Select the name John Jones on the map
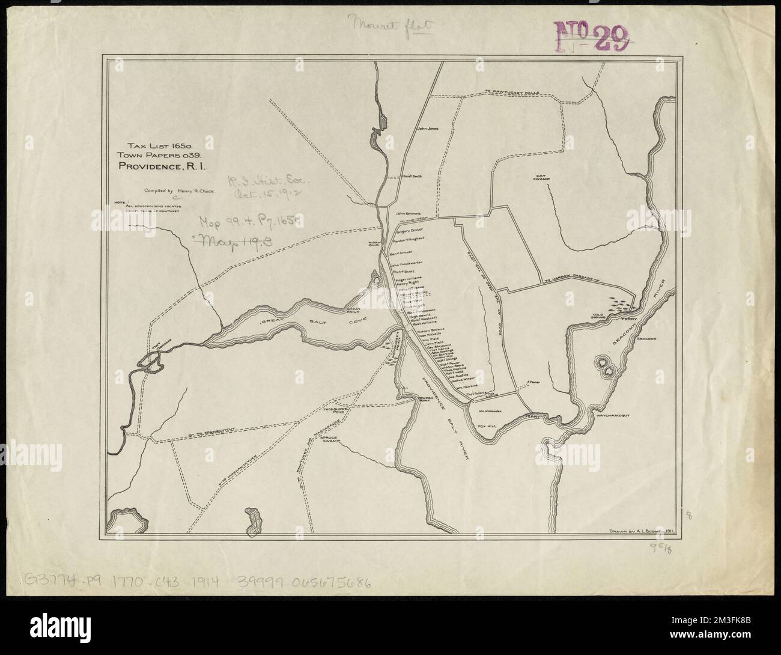[429, 128]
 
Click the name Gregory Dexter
[410, 230]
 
